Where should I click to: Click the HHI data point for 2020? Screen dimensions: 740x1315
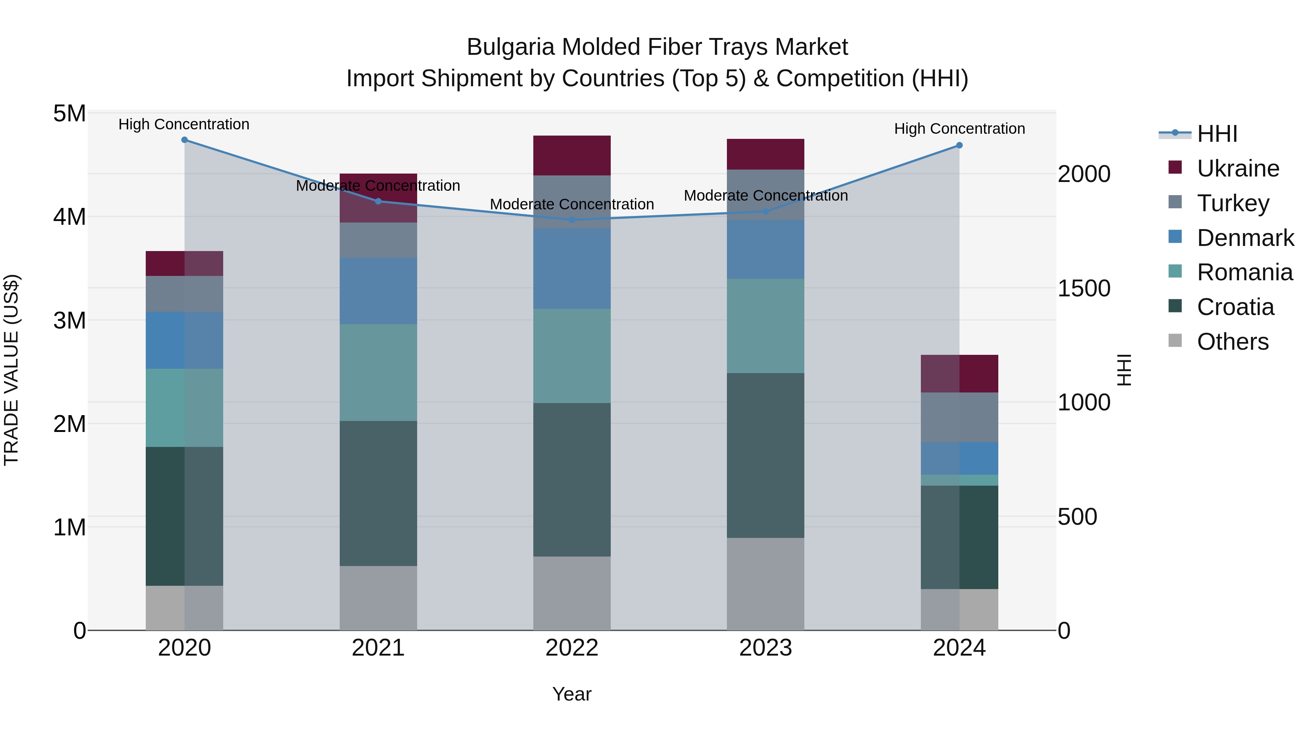click(x=184, y=140)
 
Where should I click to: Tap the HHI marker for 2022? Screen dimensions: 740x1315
click(x=572, y=220)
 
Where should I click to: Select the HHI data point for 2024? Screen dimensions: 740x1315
click(x=959, y=145)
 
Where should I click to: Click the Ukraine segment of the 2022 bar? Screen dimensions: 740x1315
click(x=572, y=156)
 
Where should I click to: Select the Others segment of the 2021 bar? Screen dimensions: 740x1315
click(x=378, y=597)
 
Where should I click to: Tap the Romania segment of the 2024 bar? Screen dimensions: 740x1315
click(x=959, y=480)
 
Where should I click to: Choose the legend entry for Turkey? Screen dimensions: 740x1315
click(x=1232, y=203)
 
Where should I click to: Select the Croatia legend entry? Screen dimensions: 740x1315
click(x=1235, y=307)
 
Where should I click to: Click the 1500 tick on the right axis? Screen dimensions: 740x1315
click(x=1084, y=289)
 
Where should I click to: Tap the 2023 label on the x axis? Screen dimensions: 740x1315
click(x=765, y=648)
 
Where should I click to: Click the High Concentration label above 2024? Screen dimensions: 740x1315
click(x=959, y=129)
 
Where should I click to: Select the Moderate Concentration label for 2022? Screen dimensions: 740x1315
click(x=572, y=204)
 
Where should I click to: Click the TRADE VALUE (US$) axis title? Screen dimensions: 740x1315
click(x=11, y=370)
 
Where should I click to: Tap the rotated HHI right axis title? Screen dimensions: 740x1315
click(x=1124, y=370)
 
